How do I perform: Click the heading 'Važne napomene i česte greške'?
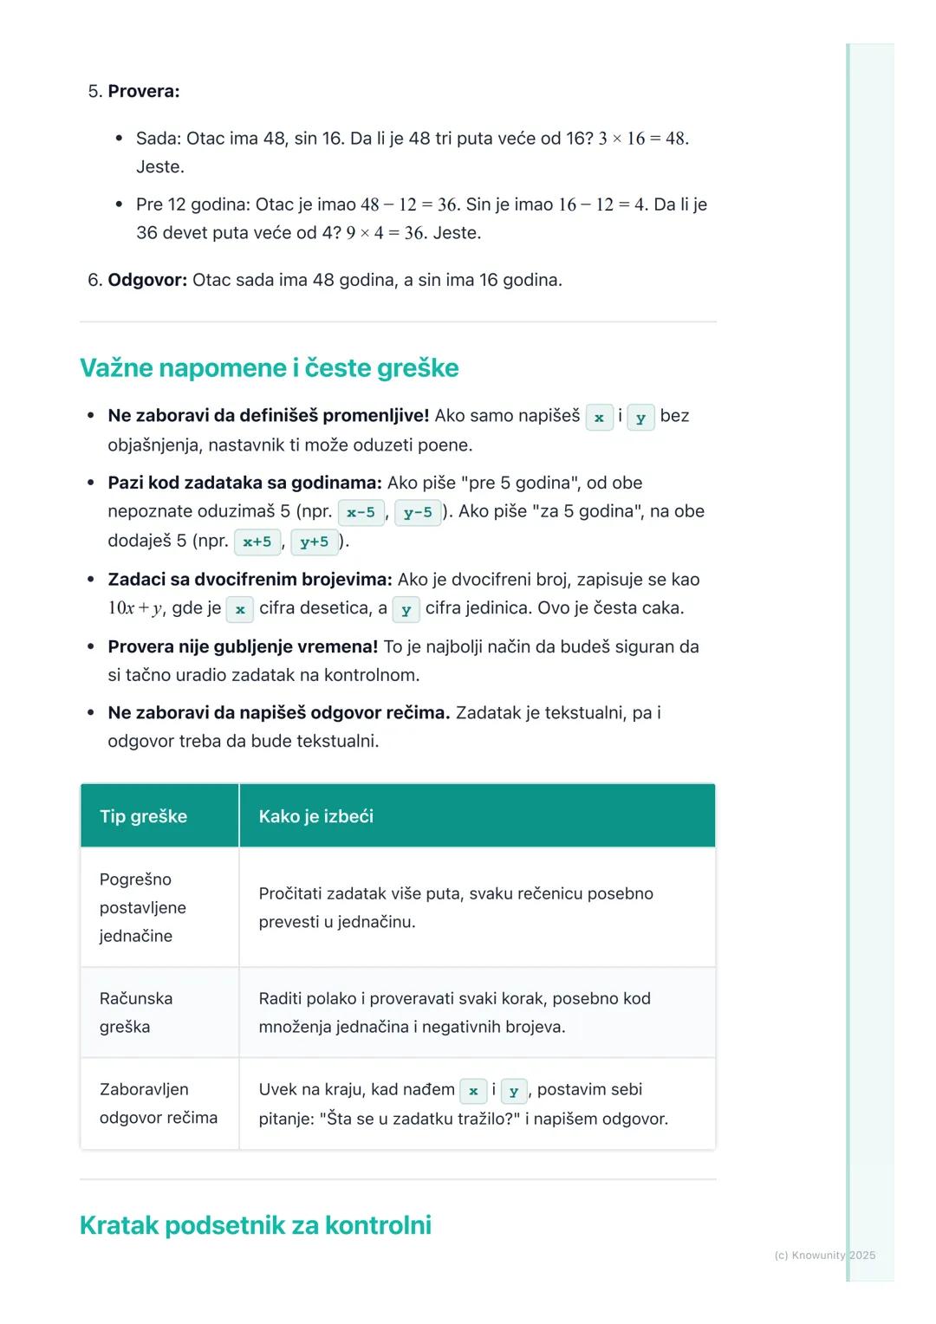point(269,368)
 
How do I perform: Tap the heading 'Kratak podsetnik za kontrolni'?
point(255,1225)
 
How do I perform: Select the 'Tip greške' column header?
point(143,816)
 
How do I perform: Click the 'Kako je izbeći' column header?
point(315,816)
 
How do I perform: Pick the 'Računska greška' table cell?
point(136,1012)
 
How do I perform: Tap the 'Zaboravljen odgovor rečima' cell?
point(158,1103)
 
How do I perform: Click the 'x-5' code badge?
point(361,512)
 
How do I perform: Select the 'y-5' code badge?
point(418,512)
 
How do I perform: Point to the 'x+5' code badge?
point(257,542)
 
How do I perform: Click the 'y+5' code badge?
point(314,542)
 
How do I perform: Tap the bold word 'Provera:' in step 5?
point(144,92)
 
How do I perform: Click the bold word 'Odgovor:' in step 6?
point(147,280)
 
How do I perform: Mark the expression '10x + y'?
point(135,608)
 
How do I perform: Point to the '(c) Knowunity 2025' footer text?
point(824,1255)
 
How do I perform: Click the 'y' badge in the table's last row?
point(514,1091)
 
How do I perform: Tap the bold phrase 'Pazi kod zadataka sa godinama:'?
point(244,483)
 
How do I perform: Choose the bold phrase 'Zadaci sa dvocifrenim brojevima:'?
point(250,580)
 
